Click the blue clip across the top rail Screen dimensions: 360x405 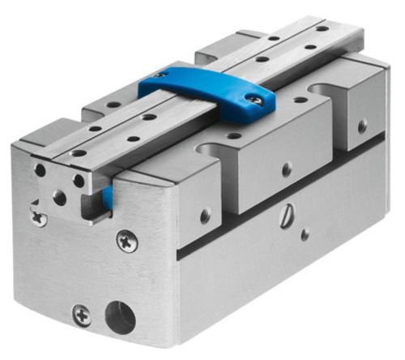tap(207, 89)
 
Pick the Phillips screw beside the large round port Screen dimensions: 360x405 tap(82, 313)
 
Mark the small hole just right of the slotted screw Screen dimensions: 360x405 tap(305, 234)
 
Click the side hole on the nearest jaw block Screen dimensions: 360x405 tap(206, 215)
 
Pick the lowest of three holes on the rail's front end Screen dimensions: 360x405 tap(59, 197)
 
